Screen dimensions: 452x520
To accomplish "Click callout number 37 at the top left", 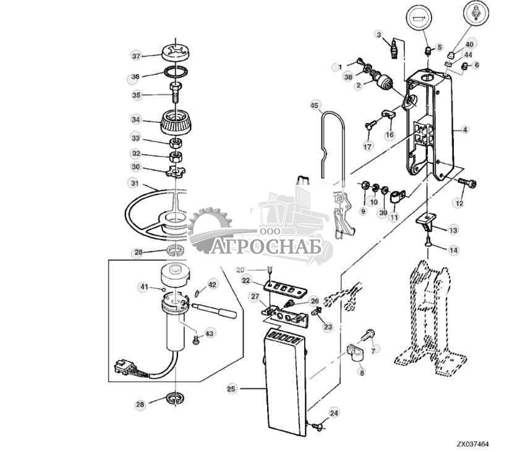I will coord(136,56).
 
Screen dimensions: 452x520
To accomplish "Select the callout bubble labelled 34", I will coord(136,119).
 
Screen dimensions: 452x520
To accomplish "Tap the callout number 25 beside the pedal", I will coord(231,389).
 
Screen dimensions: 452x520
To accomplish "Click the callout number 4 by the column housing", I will coord(465,130).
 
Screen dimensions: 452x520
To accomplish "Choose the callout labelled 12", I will coord(459,203).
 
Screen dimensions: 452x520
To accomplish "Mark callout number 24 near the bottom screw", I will coord(334,412).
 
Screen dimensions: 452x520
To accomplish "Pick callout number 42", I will coord(212,284).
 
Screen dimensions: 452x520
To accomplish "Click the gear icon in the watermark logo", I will coord(209,230).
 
